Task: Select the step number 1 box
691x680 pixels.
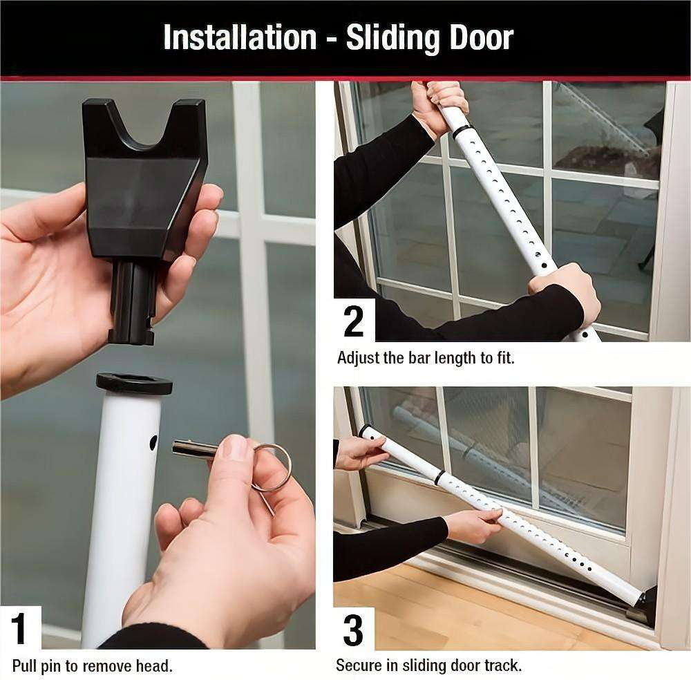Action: click(20, 627)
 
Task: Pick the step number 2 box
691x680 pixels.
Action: click(354, 321)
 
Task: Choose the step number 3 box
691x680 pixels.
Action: click(354, 629)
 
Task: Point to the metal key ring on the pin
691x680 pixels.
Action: click(271, 468)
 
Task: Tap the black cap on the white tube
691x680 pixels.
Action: click(133, 382)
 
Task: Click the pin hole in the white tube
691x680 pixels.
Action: click(153, 443)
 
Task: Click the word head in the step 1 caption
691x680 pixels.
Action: click(155, 666)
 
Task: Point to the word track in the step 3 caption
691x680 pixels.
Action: click(504, 666)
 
